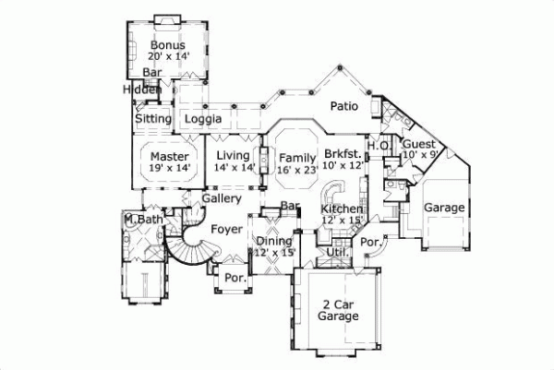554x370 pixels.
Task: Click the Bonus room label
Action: tap(167, 44)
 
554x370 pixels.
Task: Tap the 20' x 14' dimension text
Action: tap(167, 56)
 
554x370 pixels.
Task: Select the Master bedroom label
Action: tap(169, 157)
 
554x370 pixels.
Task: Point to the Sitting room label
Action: tap(152, 120)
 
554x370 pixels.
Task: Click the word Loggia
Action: tap(202, 120)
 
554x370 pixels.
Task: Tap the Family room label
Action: tap(298, 158)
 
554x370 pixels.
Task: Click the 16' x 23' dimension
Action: tap(298, 170)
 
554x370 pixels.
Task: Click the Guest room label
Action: tap(419, 145)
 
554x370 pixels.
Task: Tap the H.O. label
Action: tap(378, 146)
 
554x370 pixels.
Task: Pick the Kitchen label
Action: tap(343, 209)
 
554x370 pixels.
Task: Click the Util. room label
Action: tap(335, 250)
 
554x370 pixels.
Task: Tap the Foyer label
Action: tap(226, 229)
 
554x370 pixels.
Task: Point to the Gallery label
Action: tap(223, 198)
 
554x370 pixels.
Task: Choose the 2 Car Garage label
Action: tap(339, 310)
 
